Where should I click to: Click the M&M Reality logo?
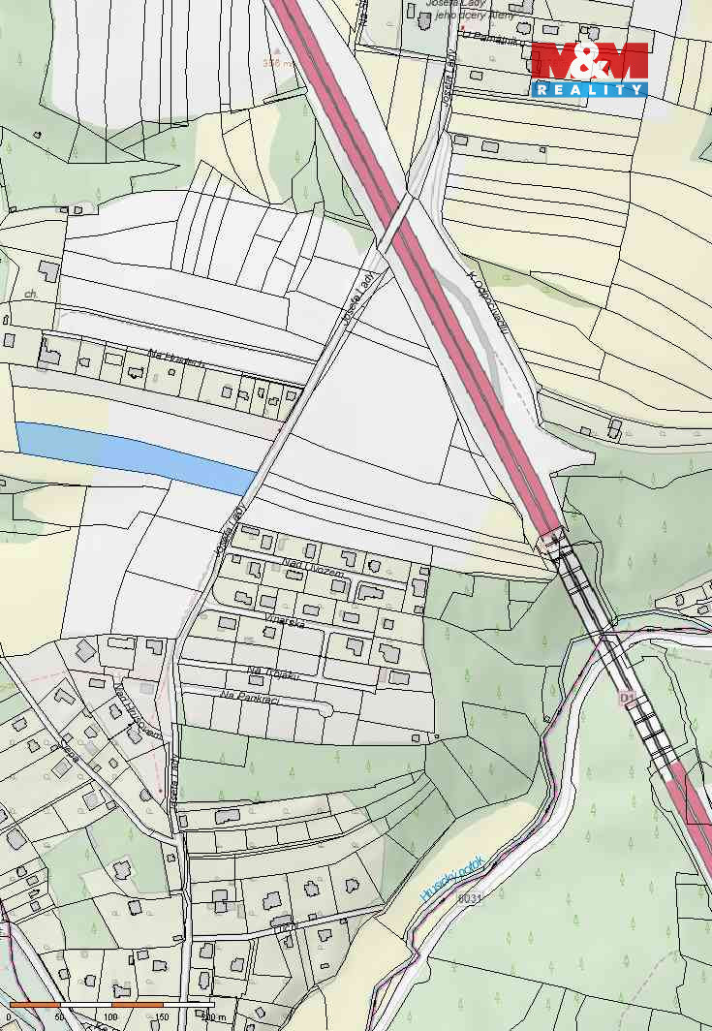point(589,69)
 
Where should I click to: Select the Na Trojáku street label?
point(270,672)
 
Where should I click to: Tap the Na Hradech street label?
point(175,361)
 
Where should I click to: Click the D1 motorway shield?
point(627,698)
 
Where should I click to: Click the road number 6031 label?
point(469,898)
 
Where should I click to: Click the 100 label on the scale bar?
point(109,1016)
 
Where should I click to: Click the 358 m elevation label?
point(278,63)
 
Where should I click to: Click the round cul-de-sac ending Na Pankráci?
point(326,710)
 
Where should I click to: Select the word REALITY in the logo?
point(589,89)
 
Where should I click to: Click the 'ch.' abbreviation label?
point(31,293)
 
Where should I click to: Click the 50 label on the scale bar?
point(60,1016)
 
